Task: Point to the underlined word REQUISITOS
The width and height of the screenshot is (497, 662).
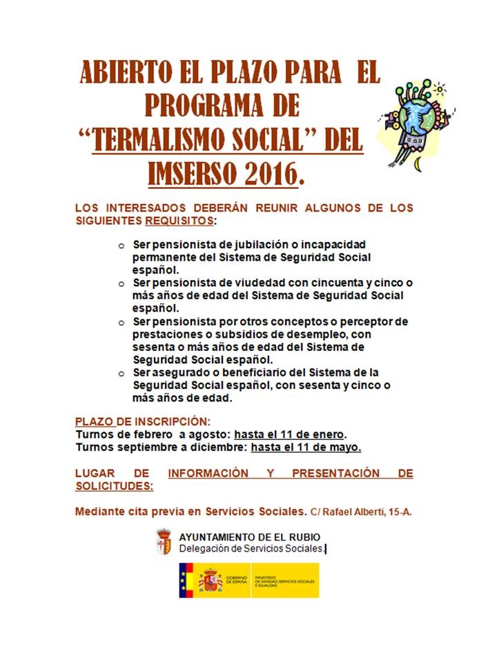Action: click(x=179, y=221)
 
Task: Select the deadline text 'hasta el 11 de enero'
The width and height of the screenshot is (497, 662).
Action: click(x=289, y=434)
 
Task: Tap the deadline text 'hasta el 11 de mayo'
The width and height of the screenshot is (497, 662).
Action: click(x=306, y=447)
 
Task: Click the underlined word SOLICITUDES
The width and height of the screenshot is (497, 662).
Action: click(x=114, y=485)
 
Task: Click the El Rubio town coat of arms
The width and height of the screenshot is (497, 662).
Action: click(x=164, y=542)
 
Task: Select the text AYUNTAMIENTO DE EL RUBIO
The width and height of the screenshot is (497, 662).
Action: click(x=249, y=537)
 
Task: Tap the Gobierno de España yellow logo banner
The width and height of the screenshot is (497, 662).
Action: click(x=249, y=580)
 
